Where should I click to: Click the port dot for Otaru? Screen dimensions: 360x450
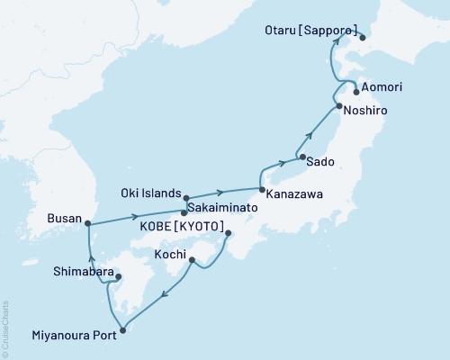362,38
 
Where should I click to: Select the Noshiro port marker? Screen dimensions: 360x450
338,107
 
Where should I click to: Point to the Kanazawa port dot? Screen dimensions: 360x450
262,190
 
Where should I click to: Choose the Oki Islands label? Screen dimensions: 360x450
149,192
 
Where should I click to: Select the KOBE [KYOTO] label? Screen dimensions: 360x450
181,227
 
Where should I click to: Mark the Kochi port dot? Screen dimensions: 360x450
193,260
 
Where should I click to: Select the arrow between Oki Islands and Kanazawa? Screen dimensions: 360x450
220,192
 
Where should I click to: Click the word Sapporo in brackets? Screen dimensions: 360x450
332,28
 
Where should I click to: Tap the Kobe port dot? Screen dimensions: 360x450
227,234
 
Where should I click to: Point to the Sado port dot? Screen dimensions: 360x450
301,157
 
